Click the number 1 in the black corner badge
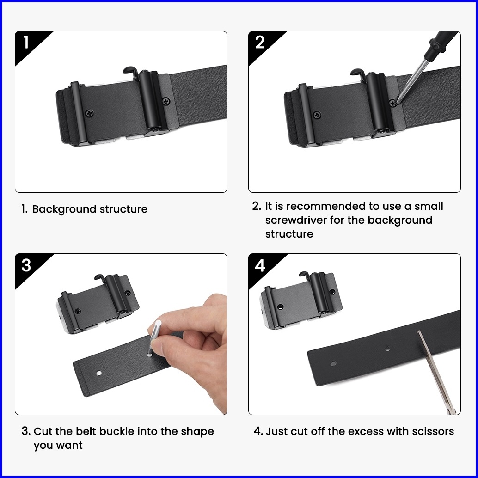[26, 42]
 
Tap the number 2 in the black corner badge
[260, 42]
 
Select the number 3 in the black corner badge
[26, 265]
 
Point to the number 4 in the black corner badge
[260, 265]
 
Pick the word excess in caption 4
[366, 432]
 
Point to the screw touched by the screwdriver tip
[393, 103]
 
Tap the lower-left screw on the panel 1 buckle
[89, 113]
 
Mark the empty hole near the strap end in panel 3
[99, 373]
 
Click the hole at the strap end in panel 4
[333, 363]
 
